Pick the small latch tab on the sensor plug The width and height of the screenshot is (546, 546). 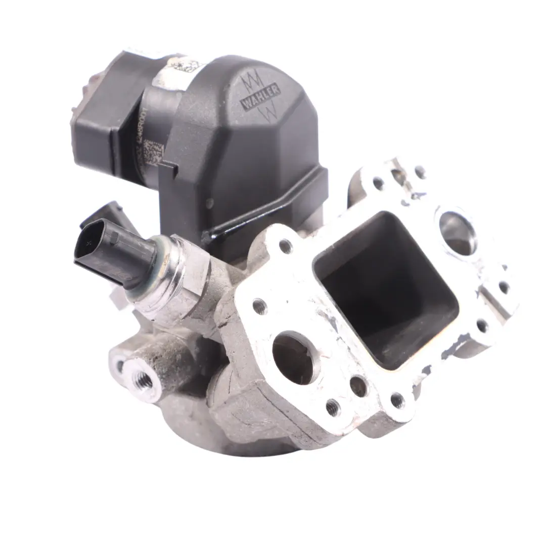115,237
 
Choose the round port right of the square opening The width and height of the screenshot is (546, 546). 458,232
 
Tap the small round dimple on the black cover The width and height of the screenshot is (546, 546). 209,203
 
